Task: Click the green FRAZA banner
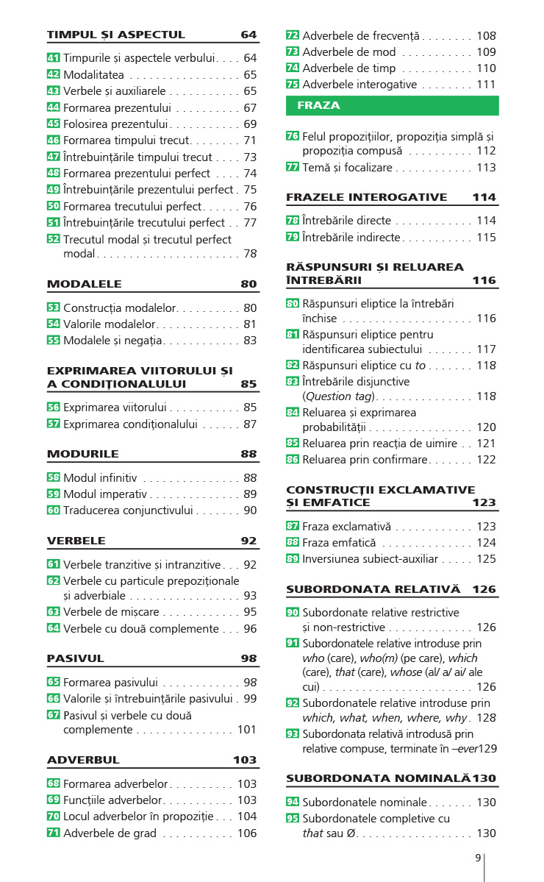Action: pos(392,106)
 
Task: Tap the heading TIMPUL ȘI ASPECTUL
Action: pos(116,35)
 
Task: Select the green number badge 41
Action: pos(53,57)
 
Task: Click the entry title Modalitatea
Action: pos(93,74)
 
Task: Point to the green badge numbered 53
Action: pos(53,308)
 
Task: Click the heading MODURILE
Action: pos(82,454)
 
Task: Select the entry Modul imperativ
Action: pos(105,494)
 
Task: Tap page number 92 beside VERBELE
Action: pos(248,541)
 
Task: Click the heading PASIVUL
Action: pos(76,658)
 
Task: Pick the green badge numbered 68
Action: pos(53,784)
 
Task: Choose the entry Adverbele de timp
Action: pos(349,68)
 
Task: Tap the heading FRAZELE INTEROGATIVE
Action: pos(366,197)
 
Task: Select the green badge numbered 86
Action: pos(293,459)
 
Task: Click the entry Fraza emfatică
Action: pos(339,543)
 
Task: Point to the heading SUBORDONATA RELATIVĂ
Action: pos(373,589)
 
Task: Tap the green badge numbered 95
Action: pos(293,819)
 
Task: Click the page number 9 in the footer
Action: pos(478,858)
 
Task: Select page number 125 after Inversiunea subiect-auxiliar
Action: pos(486,559)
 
